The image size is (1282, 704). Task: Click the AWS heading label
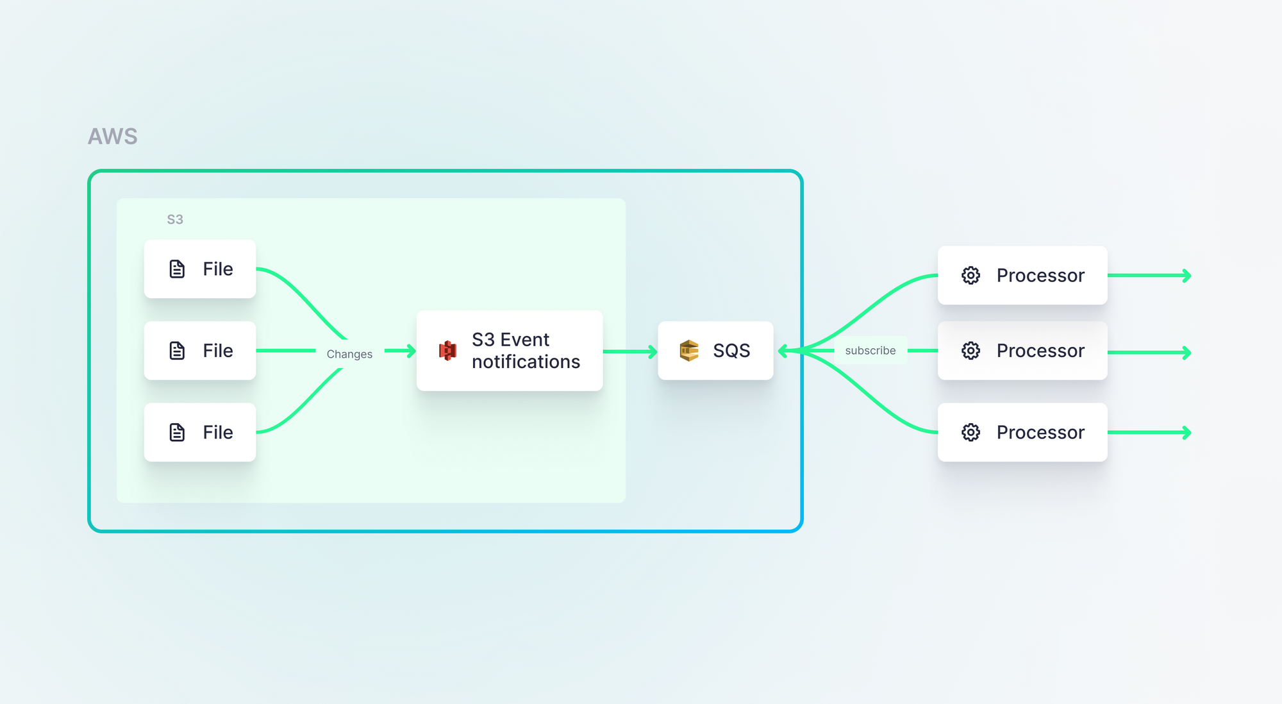pos(113,137)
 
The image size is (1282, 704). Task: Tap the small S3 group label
pos(175,219)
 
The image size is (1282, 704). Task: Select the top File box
pos(200,269)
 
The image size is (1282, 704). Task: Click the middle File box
pos(200,351)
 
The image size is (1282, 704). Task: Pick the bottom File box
pos(200,432)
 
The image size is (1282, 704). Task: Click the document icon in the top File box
pos(177,269)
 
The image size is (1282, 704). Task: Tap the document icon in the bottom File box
pos(177,432)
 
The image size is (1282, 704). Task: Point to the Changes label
pos(349,354)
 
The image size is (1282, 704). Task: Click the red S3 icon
pos(447,351)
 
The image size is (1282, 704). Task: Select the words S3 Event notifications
pos(526,351)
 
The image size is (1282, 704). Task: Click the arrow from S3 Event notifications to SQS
pos(630,351)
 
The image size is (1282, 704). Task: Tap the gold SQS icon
pos(689,351)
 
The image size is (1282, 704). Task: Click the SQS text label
pos(731,351)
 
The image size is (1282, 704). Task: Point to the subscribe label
pos(870,351)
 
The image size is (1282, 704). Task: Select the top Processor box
pos(1022,275)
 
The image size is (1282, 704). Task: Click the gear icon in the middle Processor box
pos(970,351)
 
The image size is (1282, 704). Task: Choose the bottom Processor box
pos(1022,432)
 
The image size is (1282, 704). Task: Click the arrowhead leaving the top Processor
pos(1187,276)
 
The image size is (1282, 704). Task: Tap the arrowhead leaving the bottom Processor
pos(1187,433)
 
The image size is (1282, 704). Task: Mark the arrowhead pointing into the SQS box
pos(783,351)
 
